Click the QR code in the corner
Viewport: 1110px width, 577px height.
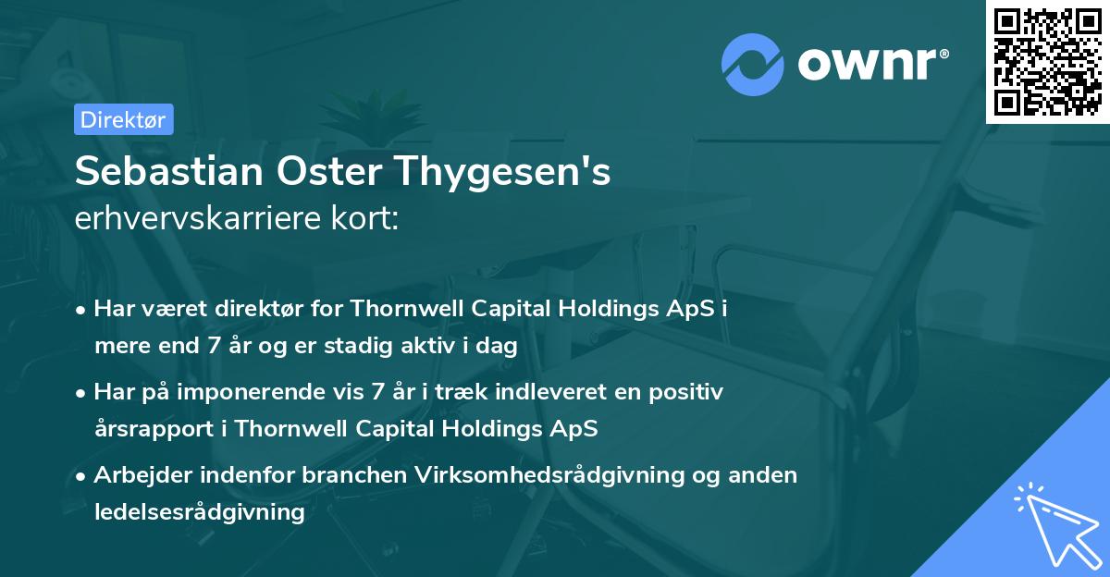point(1047,61)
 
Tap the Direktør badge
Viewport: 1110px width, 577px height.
point(123,119)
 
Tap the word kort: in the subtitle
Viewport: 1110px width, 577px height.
point(369,220)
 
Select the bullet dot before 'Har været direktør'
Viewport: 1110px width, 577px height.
point(82,311)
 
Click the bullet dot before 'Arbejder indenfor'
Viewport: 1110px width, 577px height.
point(82,477)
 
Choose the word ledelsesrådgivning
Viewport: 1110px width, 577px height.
point(199,511)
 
